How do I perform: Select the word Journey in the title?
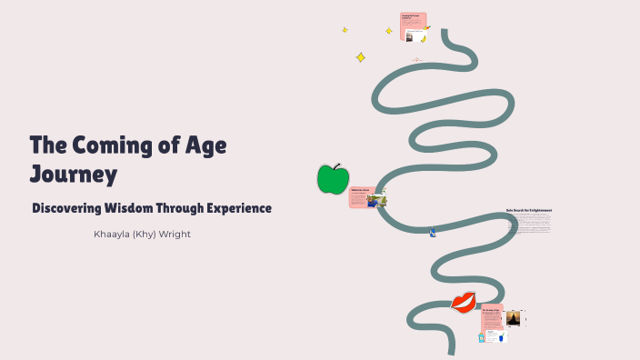[x=74, y=173]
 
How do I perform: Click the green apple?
[x=333, y=179]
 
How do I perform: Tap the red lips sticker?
[x=464, y=302]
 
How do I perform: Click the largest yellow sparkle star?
[x=360, y=57]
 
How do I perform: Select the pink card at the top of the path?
[x=413, y=26]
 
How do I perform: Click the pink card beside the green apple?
[x=361, y=196]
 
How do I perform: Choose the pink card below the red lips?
[x=492, y=315]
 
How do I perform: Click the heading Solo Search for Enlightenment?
[x=528, y=210]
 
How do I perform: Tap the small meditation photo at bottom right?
[x=514, y=318]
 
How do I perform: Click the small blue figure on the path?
[x=433, y=233]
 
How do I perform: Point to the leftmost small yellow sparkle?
[x=345, y=30]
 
